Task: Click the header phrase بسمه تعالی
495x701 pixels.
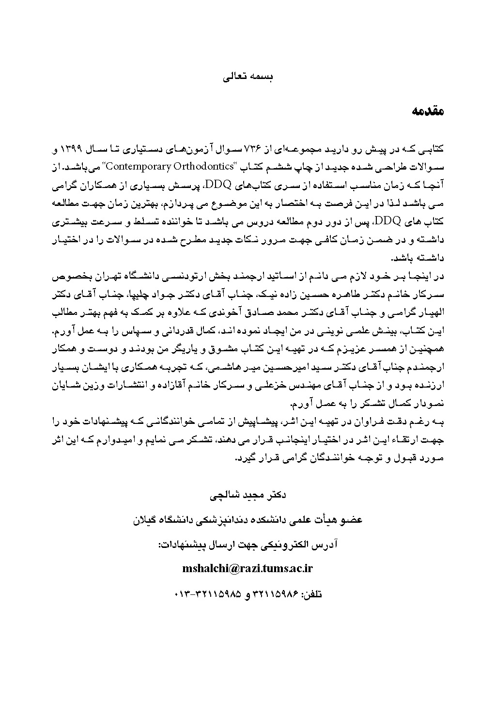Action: pos(247,77)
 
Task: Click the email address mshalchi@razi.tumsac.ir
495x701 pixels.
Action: pos(247,568)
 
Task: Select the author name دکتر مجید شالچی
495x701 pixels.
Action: pos(248,496)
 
